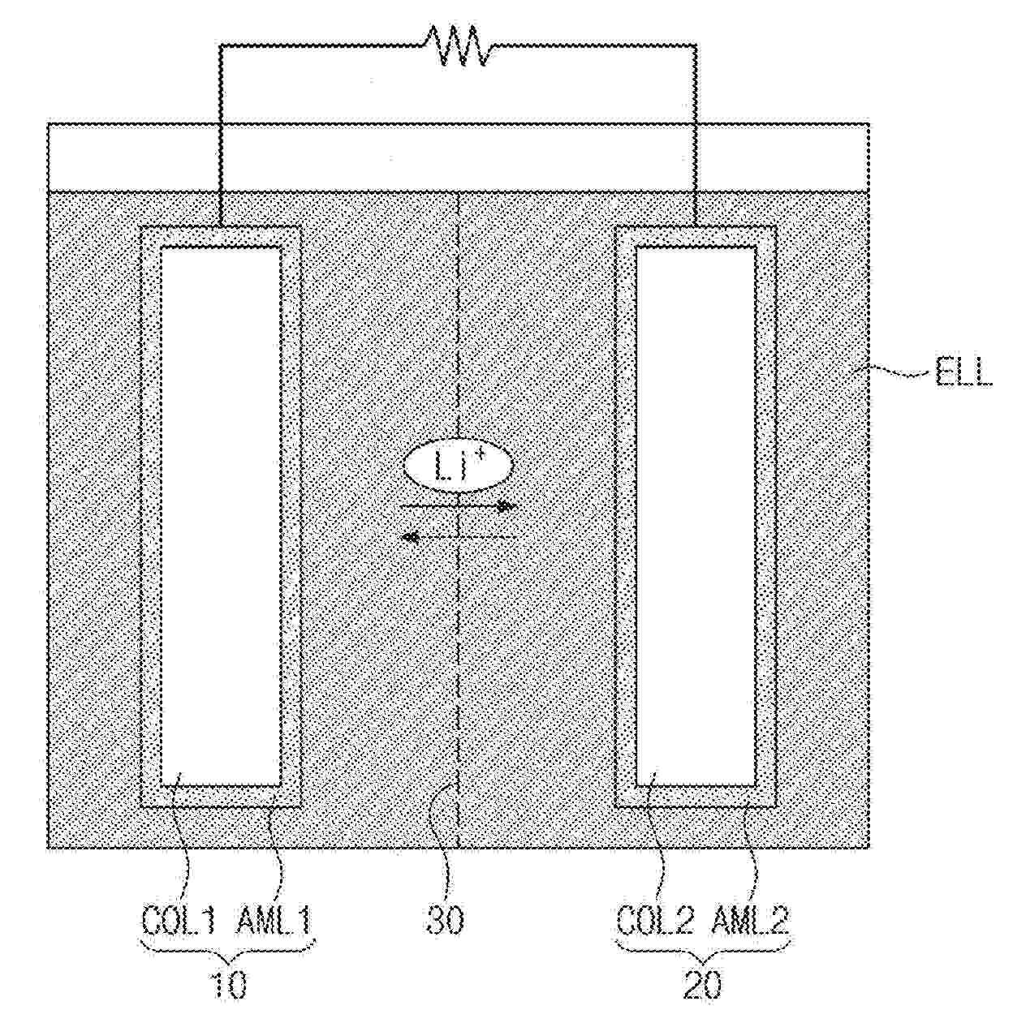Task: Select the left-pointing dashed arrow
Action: (459, 536)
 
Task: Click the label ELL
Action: (963, 375)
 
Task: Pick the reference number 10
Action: (228, 985)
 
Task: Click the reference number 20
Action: (701, 985)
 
